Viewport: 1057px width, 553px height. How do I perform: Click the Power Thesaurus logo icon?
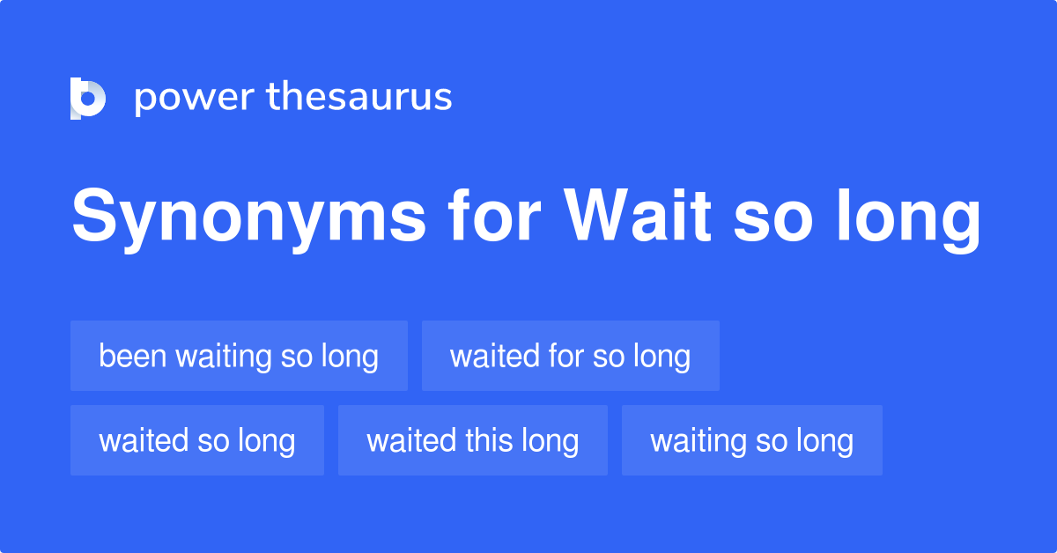coord(88,98)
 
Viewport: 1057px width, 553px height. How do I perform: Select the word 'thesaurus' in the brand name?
coord(359,96)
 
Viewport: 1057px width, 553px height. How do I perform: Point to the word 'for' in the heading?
coord(494,215)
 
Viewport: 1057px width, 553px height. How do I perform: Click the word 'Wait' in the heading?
coord(638,215)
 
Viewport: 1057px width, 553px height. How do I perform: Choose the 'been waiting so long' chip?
coord(240,356)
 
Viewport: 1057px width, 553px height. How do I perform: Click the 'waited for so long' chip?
coord(571,356)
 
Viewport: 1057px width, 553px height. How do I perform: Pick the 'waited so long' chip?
coord(197,440)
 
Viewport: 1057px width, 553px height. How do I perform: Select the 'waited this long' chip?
coord(473,440)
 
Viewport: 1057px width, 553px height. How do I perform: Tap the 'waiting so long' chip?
coord(752,440)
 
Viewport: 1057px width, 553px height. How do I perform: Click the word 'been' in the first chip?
coord(133,355)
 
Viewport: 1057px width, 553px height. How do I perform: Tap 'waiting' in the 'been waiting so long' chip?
coord(224,358)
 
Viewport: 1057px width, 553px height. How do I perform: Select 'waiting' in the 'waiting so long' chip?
coord(699,443)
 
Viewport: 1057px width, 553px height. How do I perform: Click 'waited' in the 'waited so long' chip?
coord(144,440)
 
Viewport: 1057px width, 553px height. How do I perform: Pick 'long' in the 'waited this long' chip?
coord(551,443)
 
